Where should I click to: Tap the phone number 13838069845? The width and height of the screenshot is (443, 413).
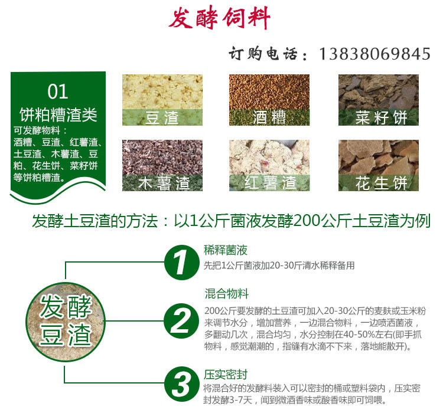(374, 54)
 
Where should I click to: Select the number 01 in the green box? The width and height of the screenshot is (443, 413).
(57, 91)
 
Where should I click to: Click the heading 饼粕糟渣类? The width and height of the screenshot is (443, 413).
(58, 113)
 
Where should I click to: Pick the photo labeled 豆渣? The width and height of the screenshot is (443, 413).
(162, 100)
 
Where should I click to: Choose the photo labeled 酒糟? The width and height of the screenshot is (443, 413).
(269, 100)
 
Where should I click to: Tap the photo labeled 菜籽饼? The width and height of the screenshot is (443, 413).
(378, 100)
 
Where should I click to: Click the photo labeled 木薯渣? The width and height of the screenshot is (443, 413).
(162, 165)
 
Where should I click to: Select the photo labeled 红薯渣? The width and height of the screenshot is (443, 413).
(269, 165)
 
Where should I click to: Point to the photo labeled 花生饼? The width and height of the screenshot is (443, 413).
(378, 165)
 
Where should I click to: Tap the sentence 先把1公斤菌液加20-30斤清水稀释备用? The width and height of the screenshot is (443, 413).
(279, 265)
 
